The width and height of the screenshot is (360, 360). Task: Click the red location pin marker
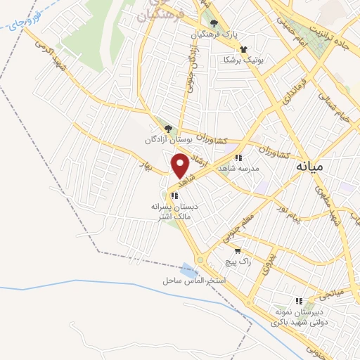pyautogui.click(x=180, y=166)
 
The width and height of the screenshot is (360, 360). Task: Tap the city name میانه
pyautogui.click(x=309, y=167)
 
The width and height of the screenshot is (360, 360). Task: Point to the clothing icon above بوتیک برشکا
pyautogui.click(x=243, y=49)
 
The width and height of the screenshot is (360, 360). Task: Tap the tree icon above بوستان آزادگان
pyautogui.click(x=167, y=129)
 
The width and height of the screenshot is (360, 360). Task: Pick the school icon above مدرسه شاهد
pyautogui.click(x=239, y=158)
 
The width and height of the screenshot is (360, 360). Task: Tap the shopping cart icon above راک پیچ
pyautogui.click(x=238, y=250)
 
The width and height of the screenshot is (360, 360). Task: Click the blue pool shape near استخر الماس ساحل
pyautogui.click(x=188, y=270)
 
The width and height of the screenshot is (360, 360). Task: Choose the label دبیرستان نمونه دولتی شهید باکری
pyautogui.click(x=310, y=317)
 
